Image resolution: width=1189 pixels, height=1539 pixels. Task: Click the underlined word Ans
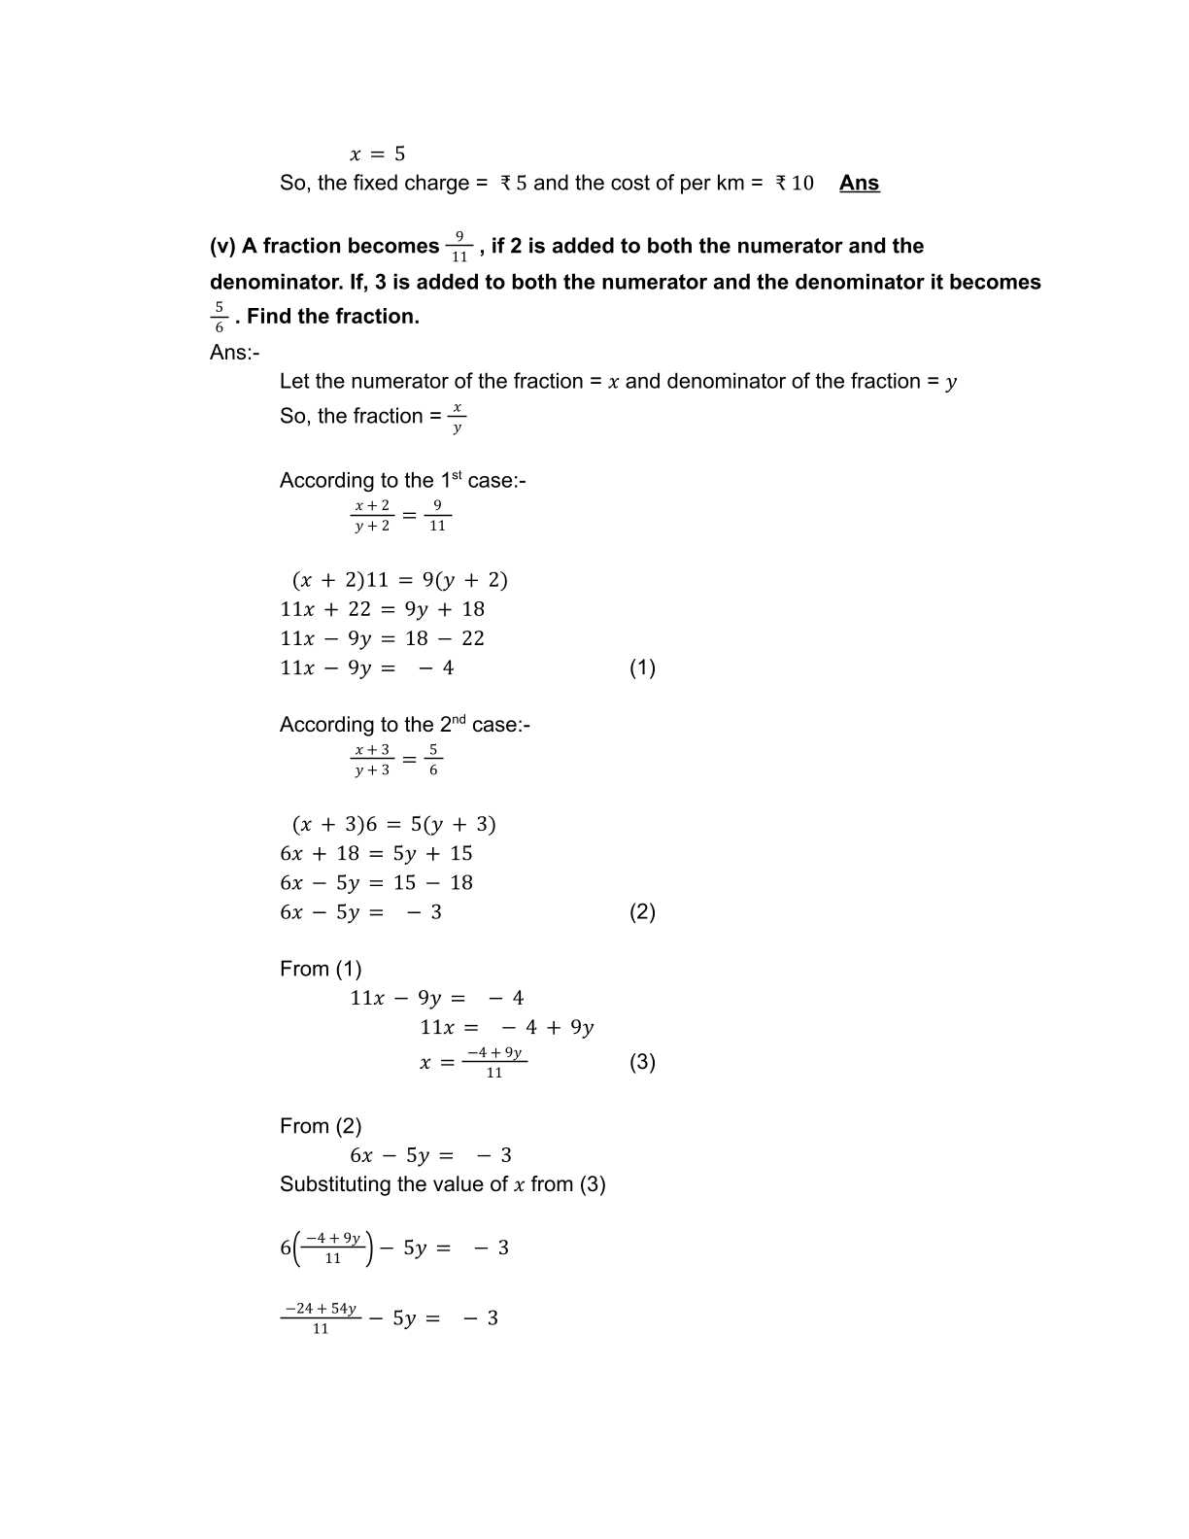pos(859,183)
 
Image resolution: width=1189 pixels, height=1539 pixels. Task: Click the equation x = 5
pos(377,154)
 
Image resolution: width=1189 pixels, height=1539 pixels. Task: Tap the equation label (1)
pos(642,667)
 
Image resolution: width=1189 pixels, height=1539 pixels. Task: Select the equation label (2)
pos(642,911)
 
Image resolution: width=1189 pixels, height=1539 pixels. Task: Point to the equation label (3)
pos(642,1061)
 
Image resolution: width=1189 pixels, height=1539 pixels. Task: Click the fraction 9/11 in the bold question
pos(459,247)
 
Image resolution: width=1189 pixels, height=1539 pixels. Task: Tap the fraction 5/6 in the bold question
pos(220,317)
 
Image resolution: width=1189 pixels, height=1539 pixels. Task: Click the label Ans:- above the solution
pos(234,352)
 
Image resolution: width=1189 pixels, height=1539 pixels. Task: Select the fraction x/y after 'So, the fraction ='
pos(458,417)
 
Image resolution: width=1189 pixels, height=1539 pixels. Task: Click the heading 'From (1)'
pos(321,969)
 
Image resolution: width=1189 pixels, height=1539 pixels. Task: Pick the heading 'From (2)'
pos(321,1126)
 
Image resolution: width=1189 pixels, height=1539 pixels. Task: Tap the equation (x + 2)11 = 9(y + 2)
pos(399,580)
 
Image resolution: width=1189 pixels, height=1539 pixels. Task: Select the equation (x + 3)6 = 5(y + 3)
pos(393,824)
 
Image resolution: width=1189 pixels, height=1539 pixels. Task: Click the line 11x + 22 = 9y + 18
pos(382,609)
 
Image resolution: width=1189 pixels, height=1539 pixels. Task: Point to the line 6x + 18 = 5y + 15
pos(376,853)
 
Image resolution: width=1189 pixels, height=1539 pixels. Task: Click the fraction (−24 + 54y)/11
pos(321,1317)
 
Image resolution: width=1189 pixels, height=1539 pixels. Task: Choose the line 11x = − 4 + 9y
pos(506,1027)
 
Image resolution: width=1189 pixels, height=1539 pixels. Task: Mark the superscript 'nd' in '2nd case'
pos(459,719)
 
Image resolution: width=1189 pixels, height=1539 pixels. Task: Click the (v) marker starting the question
pos(222,247)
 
